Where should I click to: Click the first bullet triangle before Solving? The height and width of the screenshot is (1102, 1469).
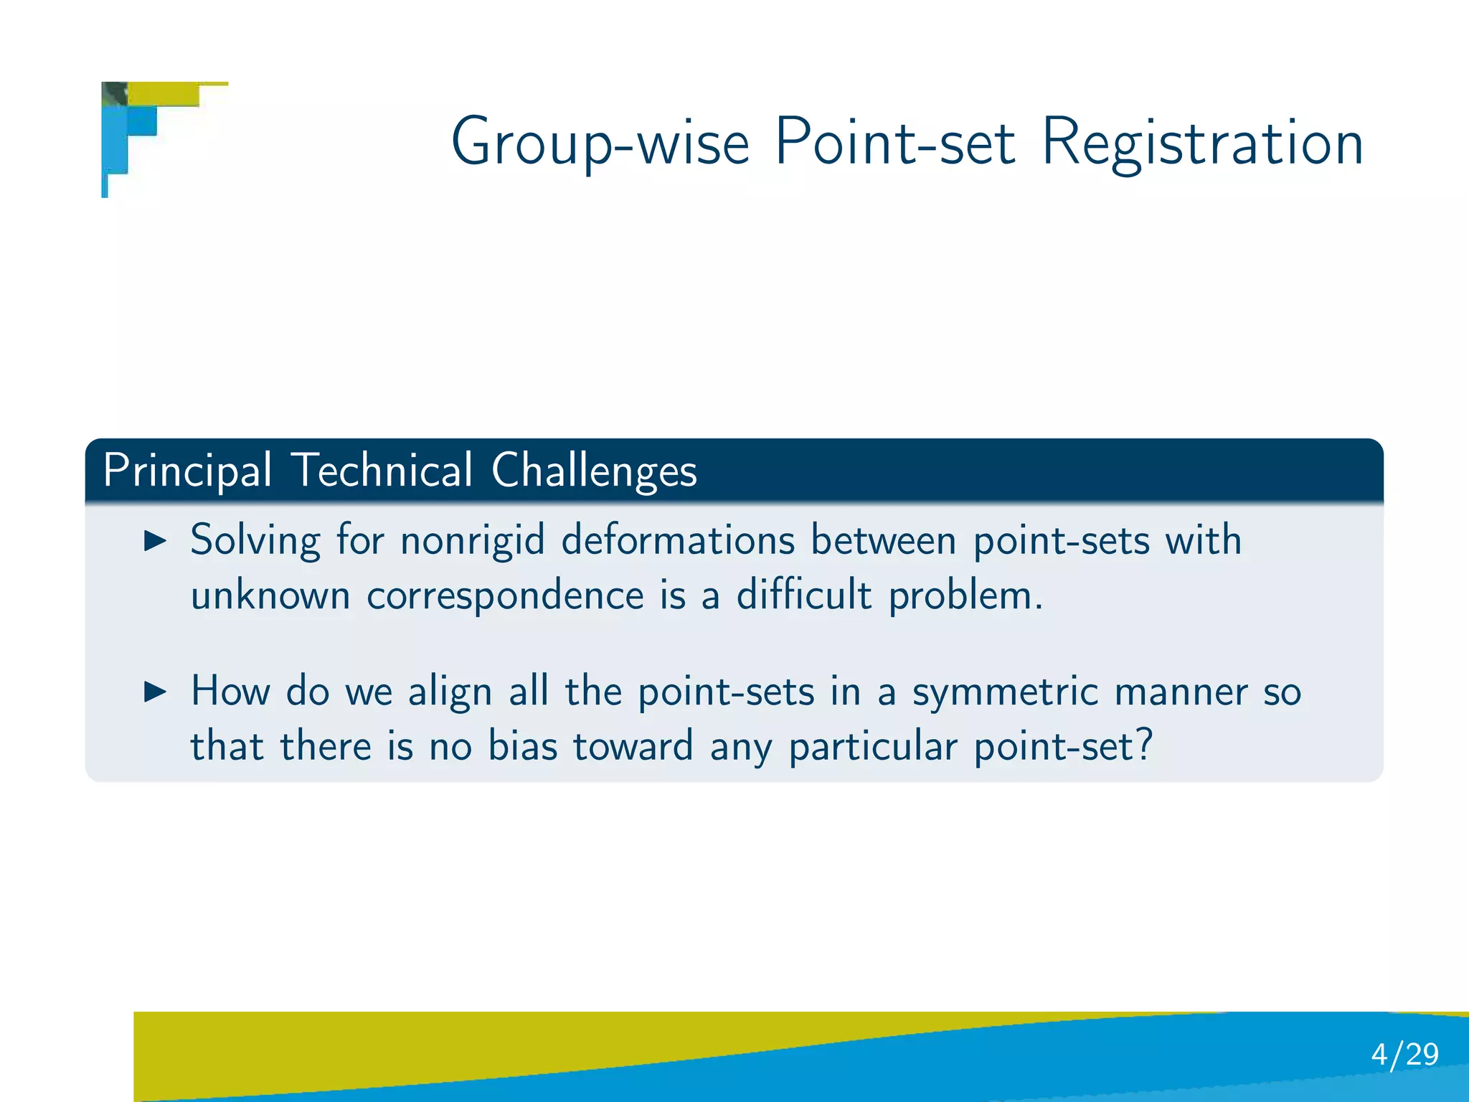(x=155, y=541)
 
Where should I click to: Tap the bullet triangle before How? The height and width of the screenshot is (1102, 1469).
(x=155, y=692)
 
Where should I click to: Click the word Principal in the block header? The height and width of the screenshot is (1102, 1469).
(x=187, y=472)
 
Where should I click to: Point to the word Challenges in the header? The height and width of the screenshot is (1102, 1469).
(x=594, y=472)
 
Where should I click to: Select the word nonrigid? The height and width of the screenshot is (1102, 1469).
(x=472, y=541)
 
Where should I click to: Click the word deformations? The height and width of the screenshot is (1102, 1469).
(x=678, y=541)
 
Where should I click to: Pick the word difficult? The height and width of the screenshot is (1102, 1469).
(x=803, y=595)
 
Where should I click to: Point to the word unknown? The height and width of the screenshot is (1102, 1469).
(x=270, y=595)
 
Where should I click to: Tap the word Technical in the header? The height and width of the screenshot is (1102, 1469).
(x=383, y=471)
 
